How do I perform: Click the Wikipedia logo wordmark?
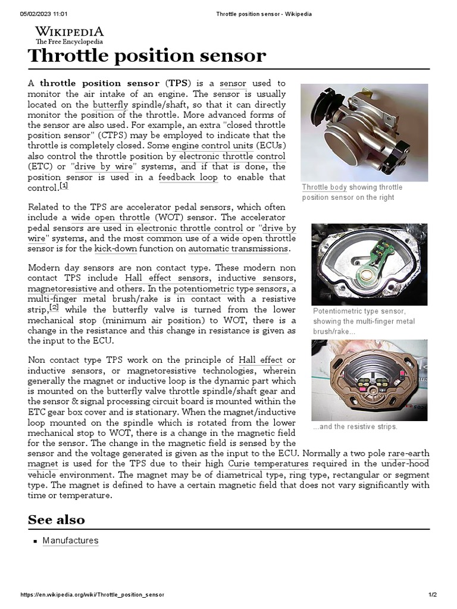(69, 32)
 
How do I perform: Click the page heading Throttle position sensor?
(146, 56)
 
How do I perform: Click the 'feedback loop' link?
(189, 178)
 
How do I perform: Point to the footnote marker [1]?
(64, 186)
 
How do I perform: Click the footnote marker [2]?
(54, 307)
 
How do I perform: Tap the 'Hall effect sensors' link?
(167, 278)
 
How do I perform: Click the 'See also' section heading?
(57, 520)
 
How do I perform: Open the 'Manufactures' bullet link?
(70, 541)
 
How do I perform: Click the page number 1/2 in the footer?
(433, 595)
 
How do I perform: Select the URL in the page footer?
(92, 595)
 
